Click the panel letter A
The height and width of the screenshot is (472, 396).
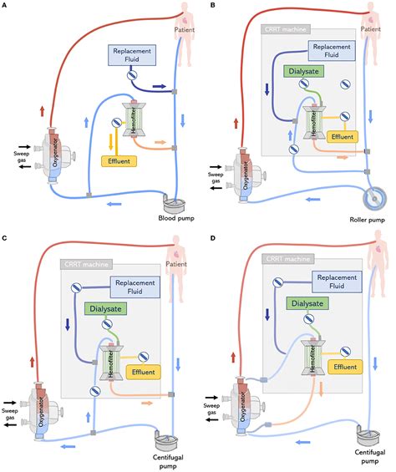point(6,5)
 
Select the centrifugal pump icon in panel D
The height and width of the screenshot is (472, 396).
point(366,435)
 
